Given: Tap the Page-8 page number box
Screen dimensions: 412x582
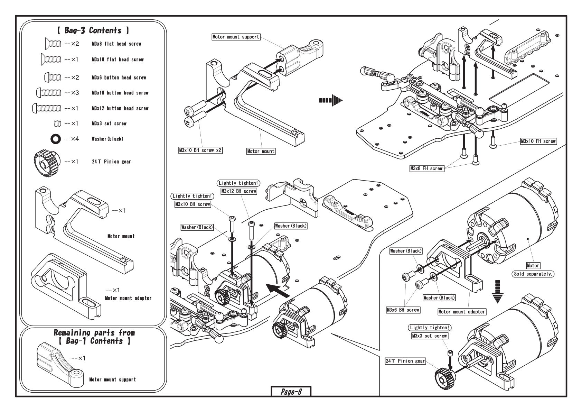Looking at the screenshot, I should coord(291,392).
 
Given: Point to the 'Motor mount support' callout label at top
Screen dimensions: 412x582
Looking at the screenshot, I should coord(236,37).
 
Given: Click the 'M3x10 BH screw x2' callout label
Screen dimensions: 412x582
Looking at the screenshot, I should coord(200,150).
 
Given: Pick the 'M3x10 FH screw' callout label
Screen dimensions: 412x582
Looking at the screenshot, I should coord(538,141).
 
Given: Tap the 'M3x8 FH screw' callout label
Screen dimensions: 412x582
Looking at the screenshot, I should coord(426,168).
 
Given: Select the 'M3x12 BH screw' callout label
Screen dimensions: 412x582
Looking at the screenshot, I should coord(238,191).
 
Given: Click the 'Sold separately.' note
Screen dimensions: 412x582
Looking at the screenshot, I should coord(533,274).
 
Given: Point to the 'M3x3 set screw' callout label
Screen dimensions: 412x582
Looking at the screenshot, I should coord(429,336).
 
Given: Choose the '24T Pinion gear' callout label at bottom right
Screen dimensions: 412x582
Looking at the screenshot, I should coord(405,361).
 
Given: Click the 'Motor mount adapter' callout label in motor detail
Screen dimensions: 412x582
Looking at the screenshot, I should coord(461,312).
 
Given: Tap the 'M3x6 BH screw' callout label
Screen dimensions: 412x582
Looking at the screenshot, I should coord(403,310).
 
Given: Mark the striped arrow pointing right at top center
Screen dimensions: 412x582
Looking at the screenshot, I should coord(331,101).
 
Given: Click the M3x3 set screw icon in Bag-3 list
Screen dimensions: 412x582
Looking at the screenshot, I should coord(57,123).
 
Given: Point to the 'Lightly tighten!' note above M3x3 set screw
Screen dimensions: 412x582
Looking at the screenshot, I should coord(430,328).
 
